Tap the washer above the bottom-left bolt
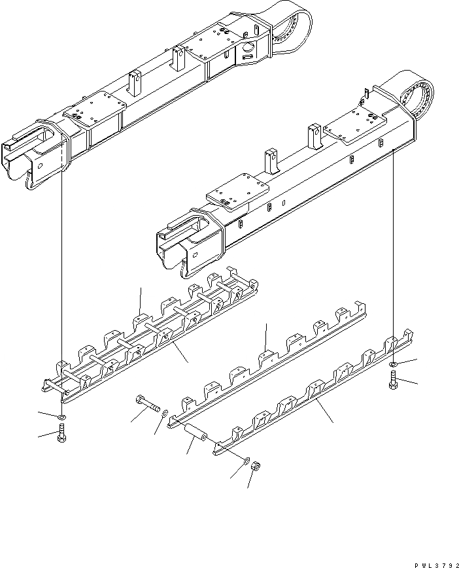[x=61, y=416]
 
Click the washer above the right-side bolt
[x=394, y=363]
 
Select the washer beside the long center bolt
[x=165, y=413]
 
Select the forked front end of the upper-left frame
[x=33, y=154]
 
